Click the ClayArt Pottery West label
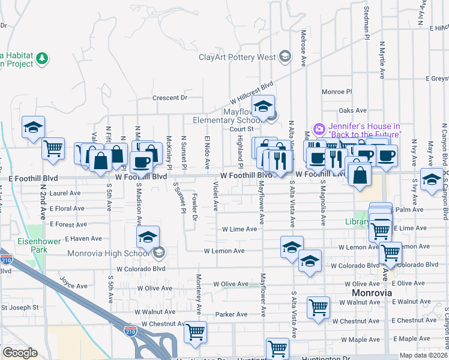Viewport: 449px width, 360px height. coord(237,58)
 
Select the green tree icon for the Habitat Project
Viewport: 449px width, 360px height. coord(42,58)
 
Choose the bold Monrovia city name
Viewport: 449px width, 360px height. coord(371,292)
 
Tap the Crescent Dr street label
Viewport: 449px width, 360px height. coord(170,98)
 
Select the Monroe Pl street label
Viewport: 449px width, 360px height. coord(336,92)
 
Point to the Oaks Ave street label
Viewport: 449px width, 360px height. coord(352,110)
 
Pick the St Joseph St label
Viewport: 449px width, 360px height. coord(19,307)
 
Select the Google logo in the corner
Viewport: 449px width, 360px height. coord(19,353)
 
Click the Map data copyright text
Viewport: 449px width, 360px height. coord(423,355)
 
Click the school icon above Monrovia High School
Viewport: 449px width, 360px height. coord(148,237)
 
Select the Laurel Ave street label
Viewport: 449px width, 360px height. coord(65,193)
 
